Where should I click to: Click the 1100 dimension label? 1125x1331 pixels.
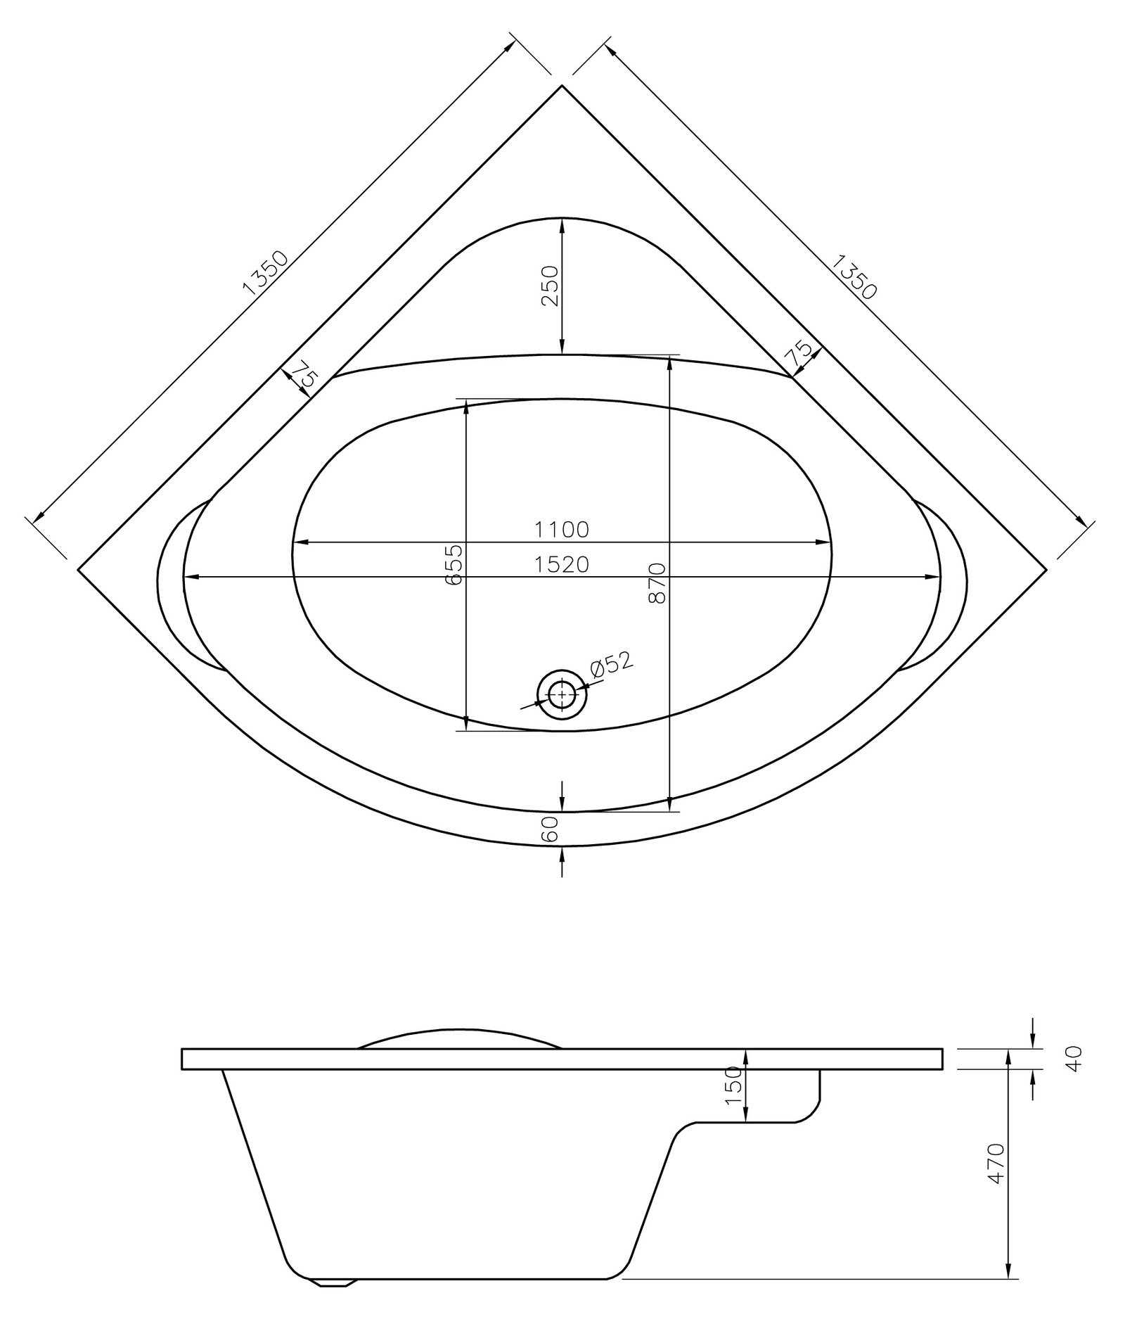pyautogui.click(x=560, y=529)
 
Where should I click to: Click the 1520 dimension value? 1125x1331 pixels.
pyautogui.click(x=560, y=564)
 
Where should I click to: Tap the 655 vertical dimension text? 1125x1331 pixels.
pyautogui.click(x=455, y=563)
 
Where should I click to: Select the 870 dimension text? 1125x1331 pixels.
pyautogui.click(x=658, y=582)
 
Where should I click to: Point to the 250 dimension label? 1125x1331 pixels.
pyautogui.click(x=551, y=285)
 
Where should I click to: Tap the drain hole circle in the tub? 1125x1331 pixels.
pyautogui.click(x=561, y=695)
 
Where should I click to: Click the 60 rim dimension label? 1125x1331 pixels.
pyautogui.click(x=551, y=829)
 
